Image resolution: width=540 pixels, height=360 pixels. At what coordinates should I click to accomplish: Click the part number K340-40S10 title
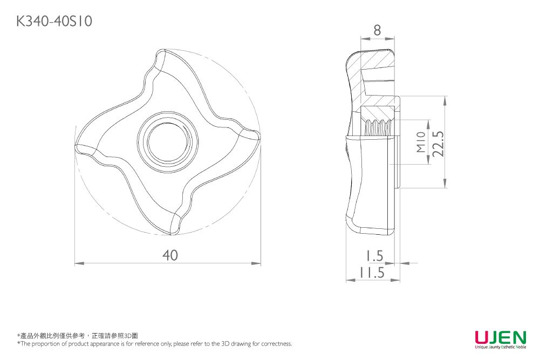coord(54,21)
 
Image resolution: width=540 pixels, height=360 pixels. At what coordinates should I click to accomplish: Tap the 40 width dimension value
coord(170,255)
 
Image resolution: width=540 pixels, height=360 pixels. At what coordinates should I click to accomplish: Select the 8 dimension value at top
coord(377,30)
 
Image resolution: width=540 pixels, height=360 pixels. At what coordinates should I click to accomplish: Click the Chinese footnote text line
coord(78,336)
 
